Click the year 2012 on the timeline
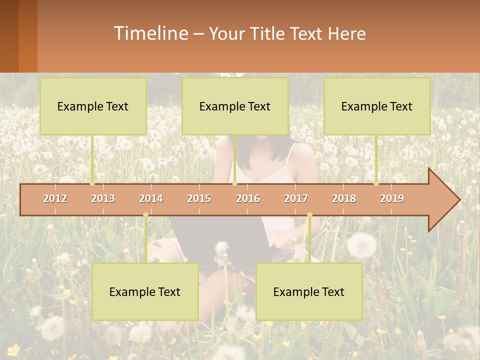(55, 199)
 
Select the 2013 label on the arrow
(103, 199)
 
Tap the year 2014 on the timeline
(151, 199)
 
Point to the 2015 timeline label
(199, 199)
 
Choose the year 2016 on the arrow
(248, 199)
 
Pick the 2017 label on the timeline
(296, 199)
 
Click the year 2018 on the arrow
(344, 199)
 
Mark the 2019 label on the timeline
(392, 199)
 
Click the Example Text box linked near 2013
(93, 106)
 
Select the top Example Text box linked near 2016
(235, 106)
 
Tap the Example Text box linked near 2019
(377, 106)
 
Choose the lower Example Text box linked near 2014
(145, 292)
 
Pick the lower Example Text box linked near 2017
(309, 292)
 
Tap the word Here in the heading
(347, 34)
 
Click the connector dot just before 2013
(92, 183)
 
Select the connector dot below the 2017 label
(309, 215)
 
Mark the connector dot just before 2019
(376, 183)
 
